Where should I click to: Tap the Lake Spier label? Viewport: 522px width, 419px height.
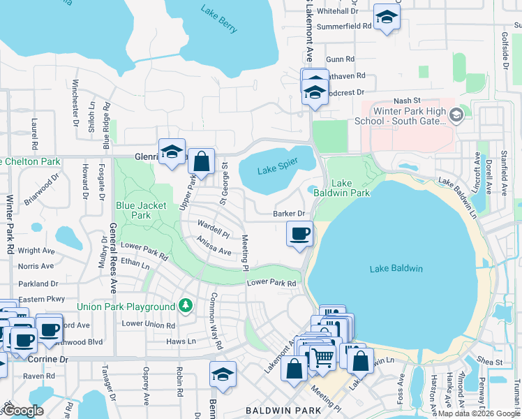coord(277,166)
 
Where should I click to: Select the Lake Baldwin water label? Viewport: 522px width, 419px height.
coord(396,269)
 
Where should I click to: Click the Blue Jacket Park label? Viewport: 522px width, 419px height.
coord(133,210)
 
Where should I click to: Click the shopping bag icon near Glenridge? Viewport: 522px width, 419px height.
coord(201,162)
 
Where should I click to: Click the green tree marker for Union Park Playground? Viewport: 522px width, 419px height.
coord(185,306)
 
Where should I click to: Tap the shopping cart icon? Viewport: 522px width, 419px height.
coord(322,357)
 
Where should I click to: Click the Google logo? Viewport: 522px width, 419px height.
coord(23,411)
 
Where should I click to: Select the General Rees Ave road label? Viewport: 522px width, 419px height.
coord(111,247)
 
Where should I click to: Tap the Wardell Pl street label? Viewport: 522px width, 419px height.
coord(213,229)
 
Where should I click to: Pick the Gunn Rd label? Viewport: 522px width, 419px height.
coord(341,59)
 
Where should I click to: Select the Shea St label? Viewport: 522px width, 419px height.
coord(490,362)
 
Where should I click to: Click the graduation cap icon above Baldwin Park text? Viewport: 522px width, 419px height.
coord(223,374)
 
